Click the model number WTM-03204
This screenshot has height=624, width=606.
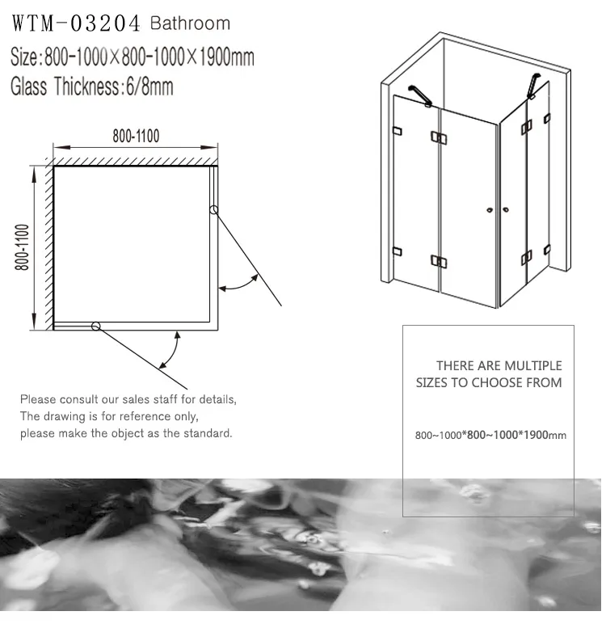click(x=76, y=23)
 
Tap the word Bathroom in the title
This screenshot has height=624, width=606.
click(x=190, y=23)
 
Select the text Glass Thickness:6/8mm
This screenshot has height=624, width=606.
click(x=92, y=86)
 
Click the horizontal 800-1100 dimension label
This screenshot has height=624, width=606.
click(x=136, y=136)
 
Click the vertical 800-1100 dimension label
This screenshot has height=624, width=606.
click(x=23, y=247)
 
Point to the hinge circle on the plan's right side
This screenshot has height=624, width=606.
click(x=213, y=209)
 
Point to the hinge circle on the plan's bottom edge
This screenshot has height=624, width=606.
click(x=95, y=327)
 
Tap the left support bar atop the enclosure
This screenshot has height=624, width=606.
click(x=419, y=96)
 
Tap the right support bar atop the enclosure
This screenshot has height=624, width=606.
click(x=533, y=86)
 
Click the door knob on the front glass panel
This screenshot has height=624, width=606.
click(x=490, y=210)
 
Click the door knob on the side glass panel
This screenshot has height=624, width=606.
click(x=506, y=209)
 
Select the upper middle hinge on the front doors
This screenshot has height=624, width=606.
click(x=439, y=137)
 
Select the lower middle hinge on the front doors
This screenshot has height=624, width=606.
click(x=439, y=261)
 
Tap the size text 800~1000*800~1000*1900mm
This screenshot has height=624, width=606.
click(x=490, y=435)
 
